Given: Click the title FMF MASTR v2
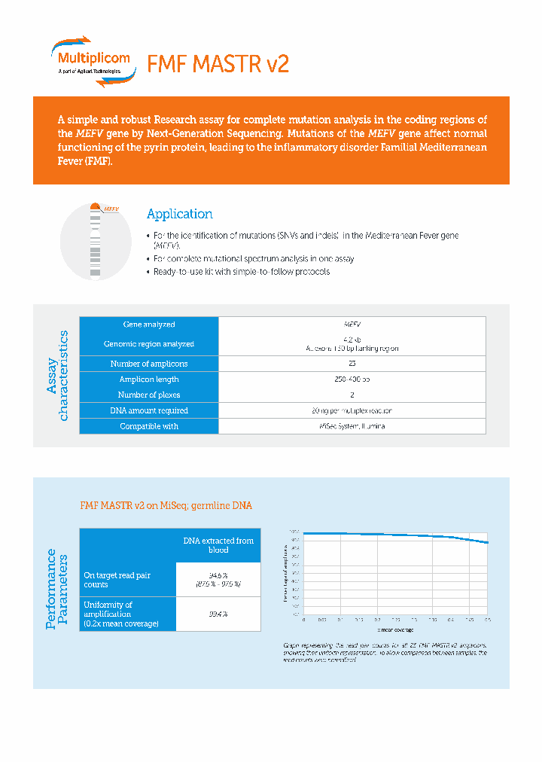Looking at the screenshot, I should click(x=218, y=64).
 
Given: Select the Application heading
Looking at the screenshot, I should click(x=179, y=214).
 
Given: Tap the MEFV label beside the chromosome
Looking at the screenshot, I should click(x=111, y=209).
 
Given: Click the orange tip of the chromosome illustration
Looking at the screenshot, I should click(x=95, y=206).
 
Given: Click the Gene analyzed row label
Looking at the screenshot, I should click(x=149, y=325).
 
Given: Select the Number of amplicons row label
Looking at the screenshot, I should click(x=149, y=364).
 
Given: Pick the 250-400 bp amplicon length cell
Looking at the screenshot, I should click(x=352, y=379).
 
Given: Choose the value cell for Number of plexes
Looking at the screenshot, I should click(x=352, y=395).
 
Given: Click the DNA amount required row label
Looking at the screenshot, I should click(x=149, y=410).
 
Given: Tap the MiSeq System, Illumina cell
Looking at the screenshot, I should click(x=352, y=426).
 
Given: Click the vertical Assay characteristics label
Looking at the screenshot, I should click(x=57, y=376).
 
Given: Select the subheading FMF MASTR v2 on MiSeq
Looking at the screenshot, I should click(x=166, y=506).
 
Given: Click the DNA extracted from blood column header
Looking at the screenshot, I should click(x=218, y=545).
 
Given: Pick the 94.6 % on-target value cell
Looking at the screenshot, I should click(x=218, y=579).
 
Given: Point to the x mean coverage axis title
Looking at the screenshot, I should click(x=395, y=629).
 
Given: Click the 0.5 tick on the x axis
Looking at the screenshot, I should click(x=488, y=620).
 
